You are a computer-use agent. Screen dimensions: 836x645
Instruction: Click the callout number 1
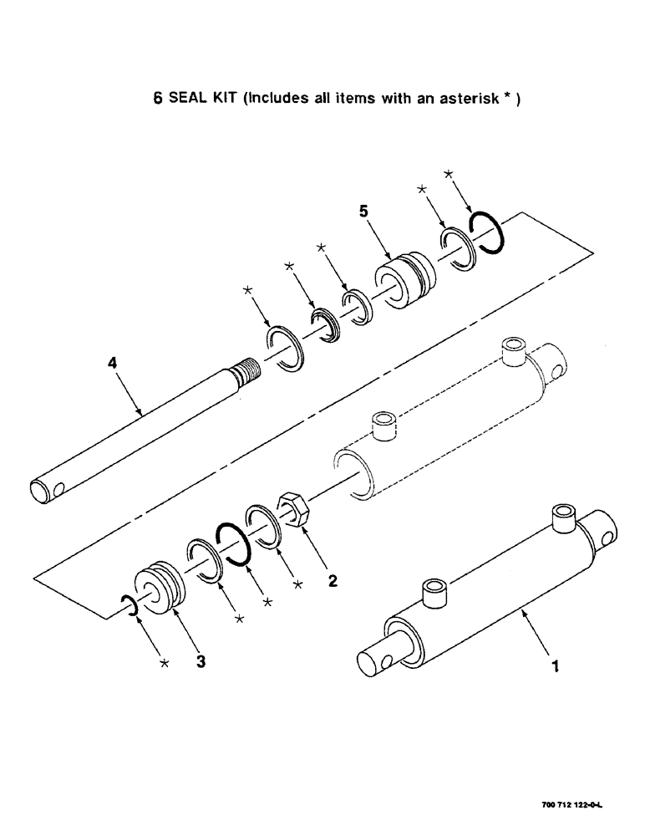553,668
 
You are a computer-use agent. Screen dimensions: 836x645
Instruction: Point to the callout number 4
112,364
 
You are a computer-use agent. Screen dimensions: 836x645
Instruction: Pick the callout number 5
363,212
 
